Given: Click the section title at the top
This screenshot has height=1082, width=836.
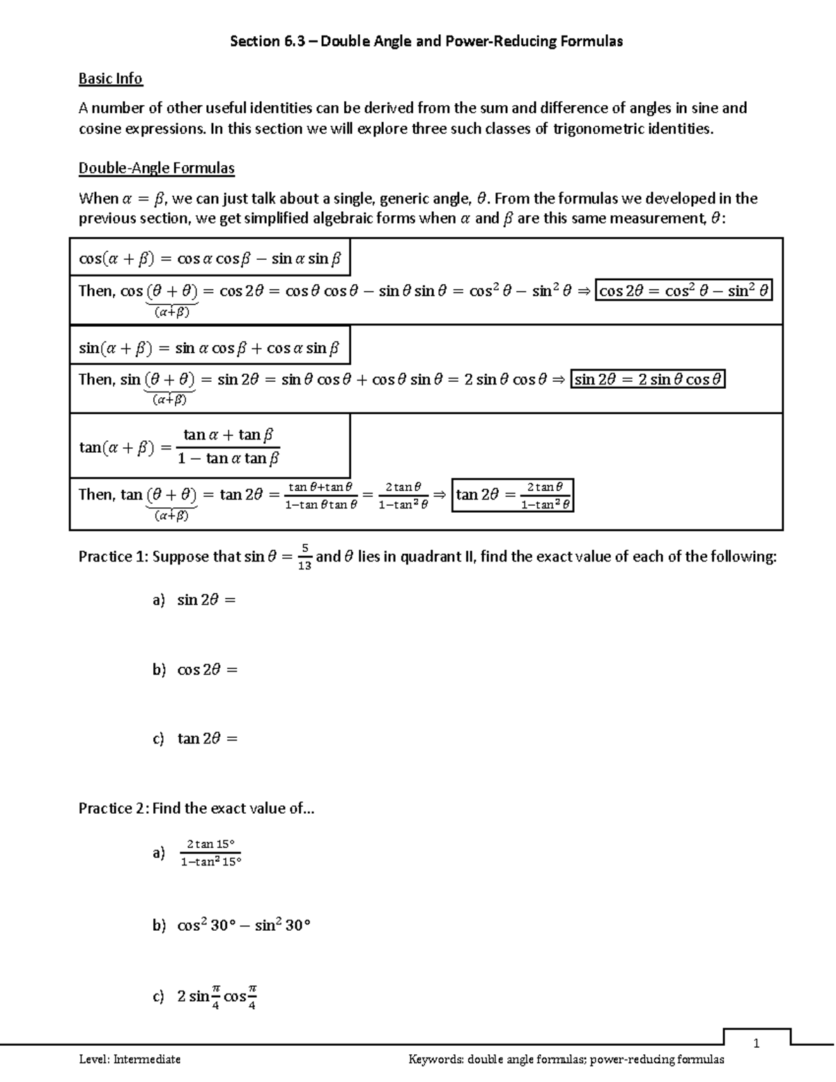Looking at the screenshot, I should (426, 41).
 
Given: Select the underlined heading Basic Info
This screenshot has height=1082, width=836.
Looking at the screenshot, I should (110, 79).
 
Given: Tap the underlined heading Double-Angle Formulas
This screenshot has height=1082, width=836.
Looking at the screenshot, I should (156, 168).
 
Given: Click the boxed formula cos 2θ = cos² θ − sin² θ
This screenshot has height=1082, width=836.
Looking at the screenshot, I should (684, 291).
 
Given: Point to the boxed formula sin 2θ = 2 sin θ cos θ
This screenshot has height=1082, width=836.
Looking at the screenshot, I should (648, 380).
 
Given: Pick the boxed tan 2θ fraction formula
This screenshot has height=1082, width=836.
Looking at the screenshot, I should (513, 495).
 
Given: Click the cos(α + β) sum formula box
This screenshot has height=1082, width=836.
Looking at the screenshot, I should (210, 258).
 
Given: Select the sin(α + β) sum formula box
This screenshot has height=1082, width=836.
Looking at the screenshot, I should (209, 348).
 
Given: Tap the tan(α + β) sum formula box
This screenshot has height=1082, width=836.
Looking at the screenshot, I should (209, 446).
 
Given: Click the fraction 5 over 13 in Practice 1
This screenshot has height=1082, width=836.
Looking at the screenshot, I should (304, 557).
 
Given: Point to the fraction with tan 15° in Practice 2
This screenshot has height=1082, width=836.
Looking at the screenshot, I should (210, 853).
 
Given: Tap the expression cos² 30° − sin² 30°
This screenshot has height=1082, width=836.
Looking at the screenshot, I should (243, 925).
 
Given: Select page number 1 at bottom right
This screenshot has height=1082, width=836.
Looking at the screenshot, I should (756, 1043).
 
